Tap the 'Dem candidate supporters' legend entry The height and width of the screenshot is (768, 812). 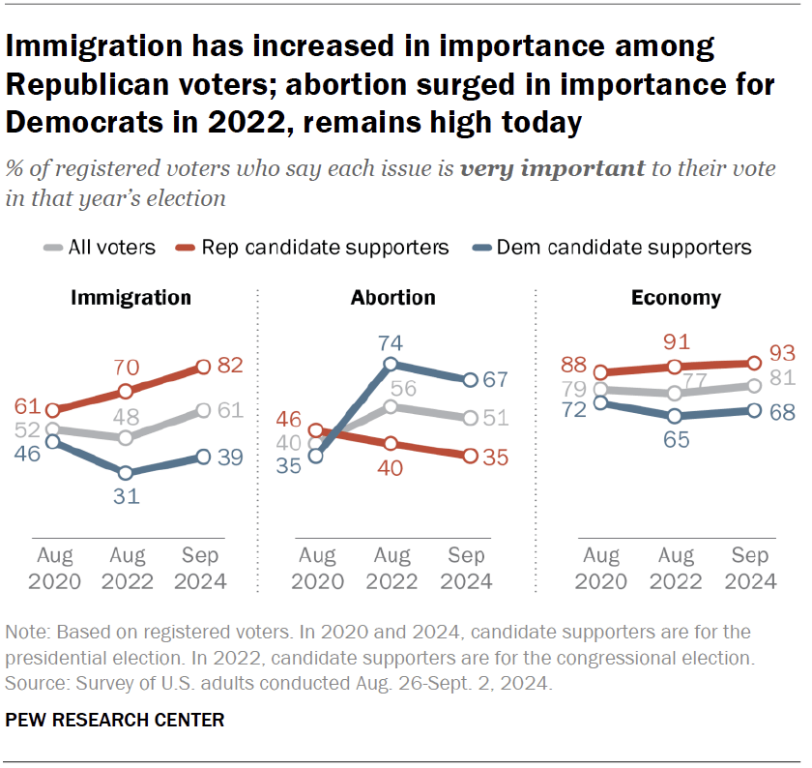pyautogui.click(x=623, y=248)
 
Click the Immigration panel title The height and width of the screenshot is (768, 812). pyautogui.click(x=130, y=298)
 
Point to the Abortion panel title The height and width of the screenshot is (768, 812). pyautogui.click(x=392, y=298)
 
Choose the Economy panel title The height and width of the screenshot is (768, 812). pyautogui.click(x=676, y=298)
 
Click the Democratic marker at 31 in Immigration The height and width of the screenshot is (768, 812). pyautogui.click(x=126, y=473)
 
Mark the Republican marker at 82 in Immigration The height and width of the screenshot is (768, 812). pyautogui.click(x=203, y=367)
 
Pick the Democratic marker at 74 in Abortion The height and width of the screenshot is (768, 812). pyautogui.click(x=391, y=365)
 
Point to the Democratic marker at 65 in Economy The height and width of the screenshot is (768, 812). pyautogui.click(x=676, y=416)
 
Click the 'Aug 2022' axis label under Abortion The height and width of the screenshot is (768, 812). pyautogui.click(x=391, y=569)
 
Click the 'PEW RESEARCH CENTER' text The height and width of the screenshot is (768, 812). pyautogui.click(x=115, y=720)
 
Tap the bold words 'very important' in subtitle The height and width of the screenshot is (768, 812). pyautogui.click(x=552, y=167)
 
